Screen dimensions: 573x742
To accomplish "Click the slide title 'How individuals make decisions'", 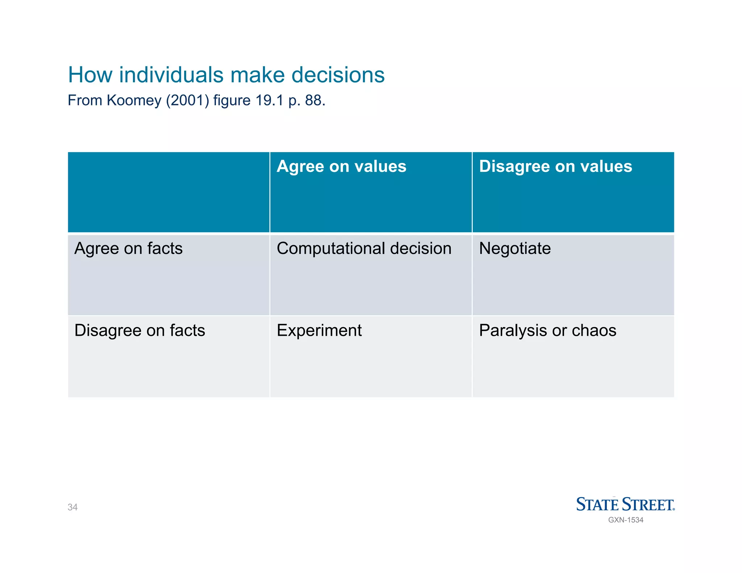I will point(226,75).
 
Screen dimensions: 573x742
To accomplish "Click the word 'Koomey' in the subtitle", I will point(134,100).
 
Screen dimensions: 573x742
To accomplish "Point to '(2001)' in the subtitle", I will point(188,100).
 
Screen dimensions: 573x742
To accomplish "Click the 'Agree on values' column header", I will point(341,167).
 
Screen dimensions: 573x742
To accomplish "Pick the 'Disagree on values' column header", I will point(555,167).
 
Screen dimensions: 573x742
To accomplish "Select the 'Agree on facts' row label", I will point(128,248).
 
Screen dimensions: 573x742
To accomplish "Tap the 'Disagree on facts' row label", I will point(139,330).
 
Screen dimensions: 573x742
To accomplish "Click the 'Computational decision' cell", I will point(364,248).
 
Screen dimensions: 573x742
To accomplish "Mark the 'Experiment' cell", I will point(319,330).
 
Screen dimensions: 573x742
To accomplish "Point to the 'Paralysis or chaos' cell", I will point(547,330).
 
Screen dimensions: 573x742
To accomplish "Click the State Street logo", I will point(625,504).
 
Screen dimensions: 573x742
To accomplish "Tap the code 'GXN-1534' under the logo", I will point(626,520).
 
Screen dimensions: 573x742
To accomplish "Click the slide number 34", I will point(72,507).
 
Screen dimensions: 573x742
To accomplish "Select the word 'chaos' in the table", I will point(594,330).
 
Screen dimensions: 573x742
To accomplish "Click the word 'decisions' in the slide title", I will point(338,75).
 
